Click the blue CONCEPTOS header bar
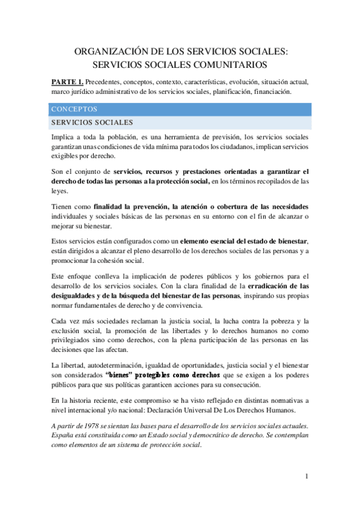pyautogui.click(x=180, y=110)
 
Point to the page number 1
pyautogui.click(x=306, y=477)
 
